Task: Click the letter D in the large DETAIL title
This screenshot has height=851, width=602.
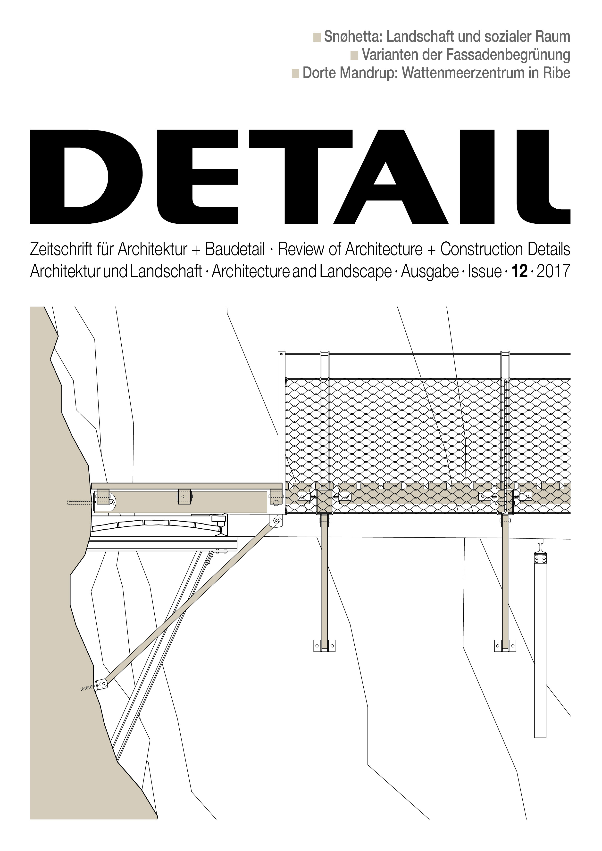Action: tap(86, 177)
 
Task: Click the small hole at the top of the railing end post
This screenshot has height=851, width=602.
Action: tap(281, 355)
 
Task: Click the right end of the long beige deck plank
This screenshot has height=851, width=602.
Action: tap(282, 486)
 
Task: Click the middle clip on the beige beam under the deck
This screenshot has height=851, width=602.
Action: tap(184, 496)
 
